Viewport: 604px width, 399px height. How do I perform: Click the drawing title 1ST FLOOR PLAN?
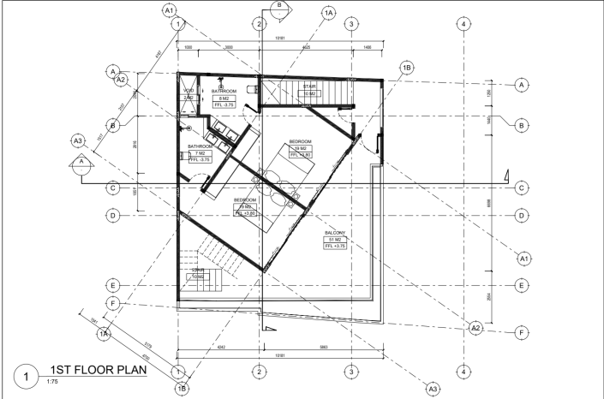click(x=96, y=371)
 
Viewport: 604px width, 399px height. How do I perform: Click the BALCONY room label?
click(x=334, y=233)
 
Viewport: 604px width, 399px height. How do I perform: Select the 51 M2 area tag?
click(x=334, y=240)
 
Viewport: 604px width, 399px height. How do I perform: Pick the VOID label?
click(x=188, y=91)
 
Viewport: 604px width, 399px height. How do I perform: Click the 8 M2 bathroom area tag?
click(x=223, y=98)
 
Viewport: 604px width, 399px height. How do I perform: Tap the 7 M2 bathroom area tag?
click(x=199, y=153)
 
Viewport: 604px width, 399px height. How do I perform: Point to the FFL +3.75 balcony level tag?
click(x=334, y=247)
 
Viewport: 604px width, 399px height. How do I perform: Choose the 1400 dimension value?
click(x=367, y=47)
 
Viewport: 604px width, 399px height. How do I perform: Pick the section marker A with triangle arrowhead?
click(x=81, y=162)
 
